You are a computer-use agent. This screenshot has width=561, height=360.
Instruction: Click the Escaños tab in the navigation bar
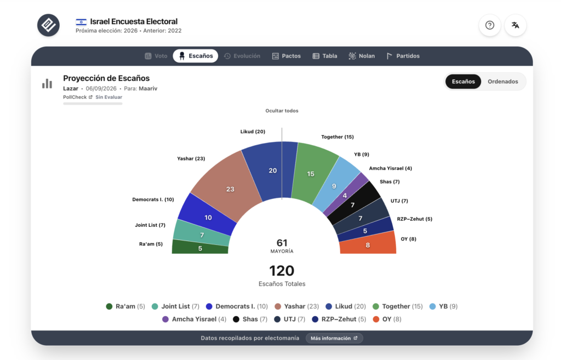point(196,56)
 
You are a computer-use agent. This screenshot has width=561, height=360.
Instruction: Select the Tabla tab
point(325,56)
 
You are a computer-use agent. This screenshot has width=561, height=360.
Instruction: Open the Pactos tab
point(286,56)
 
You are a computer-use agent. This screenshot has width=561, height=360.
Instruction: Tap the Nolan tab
point(362,56)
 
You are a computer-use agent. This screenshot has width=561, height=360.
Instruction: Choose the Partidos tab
point(403,56)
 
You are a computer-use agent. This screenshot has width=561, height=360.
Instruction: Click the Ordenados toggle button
point(503,82)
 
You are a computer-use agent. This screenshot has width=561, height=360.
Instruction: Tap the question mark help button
point(490,25)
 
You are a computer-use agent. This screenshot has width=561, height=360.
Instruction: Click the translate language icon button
point(515,25)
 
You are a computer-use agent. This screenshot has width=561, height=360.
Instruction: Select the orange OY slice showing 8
point(368,244)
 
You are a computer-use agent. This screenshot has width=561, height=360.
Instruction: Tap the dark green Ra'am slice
point(200,247)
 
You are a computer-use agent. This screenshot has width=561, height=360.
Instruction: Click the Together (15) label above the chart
point(337,136)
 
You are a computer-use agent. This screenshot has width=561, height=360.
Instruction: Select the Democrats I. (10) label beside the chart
point(153,199)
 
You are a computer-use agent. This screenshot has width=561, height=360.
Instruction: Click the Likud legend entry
point(346,306)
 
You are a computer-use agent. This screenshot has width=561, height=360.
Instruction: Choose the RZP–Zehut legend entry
point(339,319)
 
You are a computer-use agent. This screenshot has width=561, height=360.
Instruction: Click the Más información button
point(334,338)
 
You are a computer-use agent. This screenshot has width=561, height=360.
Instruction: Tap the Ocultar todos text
point(282,111)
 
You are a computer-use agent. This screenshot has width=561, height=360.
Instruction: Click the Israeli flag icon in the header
point(81,22)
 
